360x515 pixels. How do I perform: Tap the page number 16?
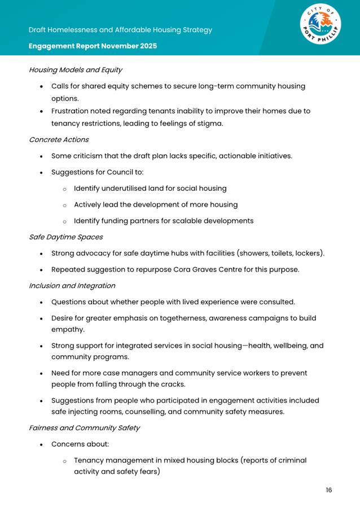(x=328, y=490)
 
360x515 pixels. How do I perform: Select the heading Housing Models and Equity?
(x=76, y=70)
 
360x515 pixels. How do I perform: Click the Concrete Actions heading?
(x=59, y=139)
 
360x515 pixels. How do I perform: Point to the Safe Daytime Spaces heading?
(x=65, y=237)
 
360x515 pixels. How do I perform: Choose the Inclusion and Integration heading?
(x=72, y=286)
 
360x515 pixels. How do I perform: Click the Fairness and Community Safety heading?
(x=84, y=427)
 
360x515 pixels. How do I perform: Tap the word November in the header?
(x=116, y=46)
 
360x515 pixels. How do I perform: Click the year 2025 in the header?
(x=147, y=46)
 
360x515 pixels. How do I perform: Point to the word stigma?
(x=210, y=123)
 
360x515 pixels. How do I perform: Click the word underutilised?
(x=131, y=188)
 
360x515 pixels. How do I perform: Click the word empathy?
(x=68, y=329)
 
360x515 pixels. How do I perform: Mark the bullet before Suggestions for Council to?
(x=42, y=172)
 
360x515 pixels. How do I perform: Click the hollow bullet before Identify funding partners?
(x=65, y=221)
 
